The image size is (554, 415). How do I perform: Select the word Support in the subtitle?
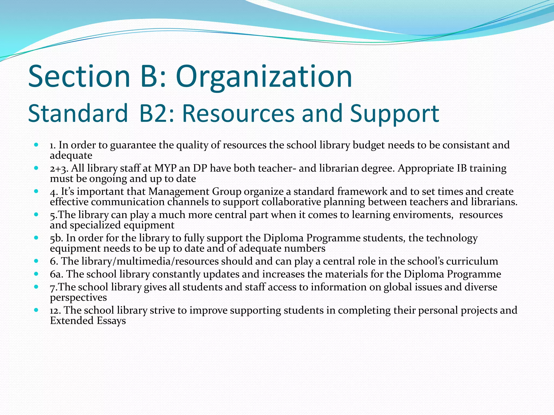(394, 113)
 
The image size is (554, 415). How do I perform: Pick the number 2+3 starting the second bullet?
(59, 169)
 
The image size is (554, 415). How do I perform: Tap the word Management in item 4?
(179, 192)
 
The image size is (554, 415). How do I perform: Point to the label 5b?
(57, 238)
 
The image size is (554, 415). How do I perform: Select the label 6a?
(57, 274)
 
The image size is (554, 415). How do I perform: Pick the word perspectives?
(78, 297)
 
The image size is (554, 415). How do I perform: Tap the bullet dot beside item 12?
(36, 310)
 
